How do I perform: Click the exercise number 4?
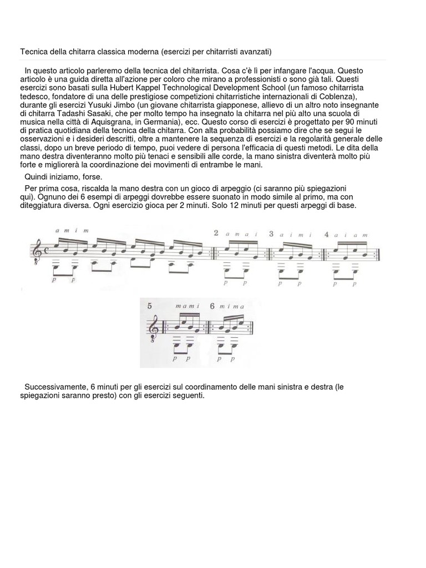coord(328,234)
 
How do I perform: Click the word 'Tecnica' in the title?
coord(34,52)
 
